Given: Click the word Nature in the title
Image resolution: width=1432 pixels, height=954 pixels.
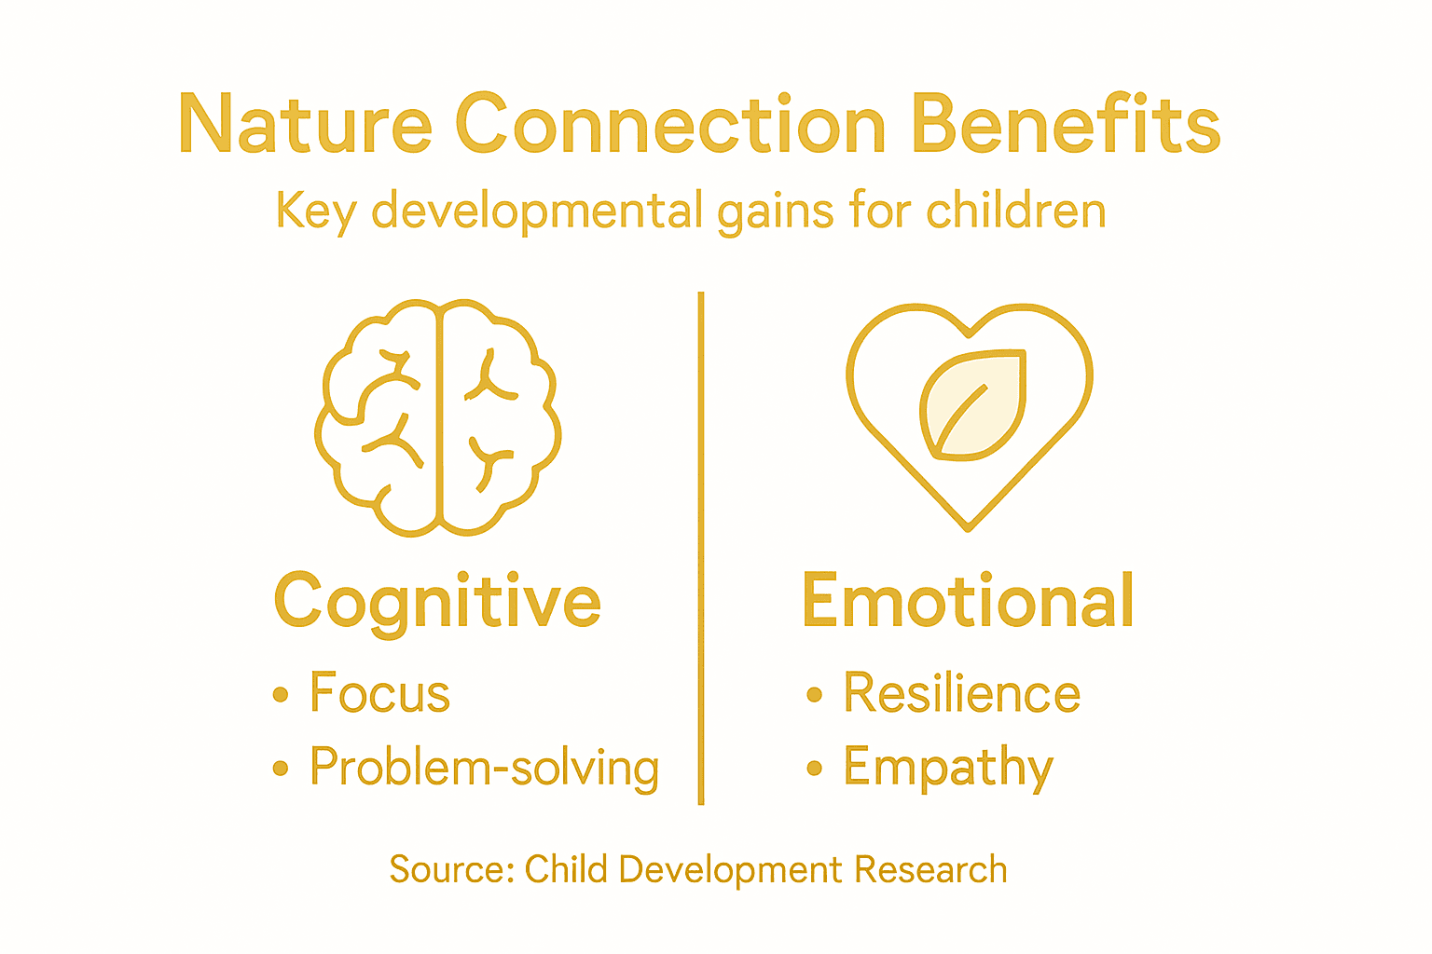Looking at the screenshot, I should pos(305,125).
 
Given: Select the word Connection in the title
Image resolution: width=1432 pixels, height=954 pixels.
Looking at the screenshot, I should pos(670,125).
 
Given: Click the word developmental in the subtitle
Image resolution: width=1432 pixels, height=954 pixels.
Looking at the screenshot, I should pos(536,211).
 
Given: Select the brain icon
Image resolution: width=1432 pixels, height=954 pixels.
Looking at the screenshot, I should pos(438,417).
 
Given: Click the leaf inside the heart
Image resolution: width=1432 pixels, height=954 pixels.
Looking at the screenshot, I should pos(972,405).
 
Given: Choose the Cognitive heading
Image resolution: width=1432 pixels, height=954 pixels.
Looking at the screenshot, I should pos(437,602).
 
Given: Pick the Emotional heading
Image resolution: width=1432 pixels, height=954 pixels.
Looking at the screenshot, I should pos(968,601).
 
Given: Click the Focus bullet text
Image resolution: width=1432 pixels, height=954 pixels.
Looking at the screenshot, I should pos(379,693).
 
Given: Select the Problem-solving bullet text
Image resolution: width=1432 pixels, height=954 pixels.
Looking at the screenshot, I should pos(484,768).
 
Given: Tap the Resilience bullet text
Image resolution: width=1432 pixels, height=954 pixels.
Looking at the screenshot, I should pos(961,693).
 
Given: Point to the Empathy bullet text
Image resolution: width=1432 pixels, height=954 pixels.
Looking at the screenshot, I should pos(948,768).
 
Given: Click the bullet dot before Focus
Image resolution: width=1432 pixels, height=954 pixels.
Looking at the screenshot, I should pos(281,695).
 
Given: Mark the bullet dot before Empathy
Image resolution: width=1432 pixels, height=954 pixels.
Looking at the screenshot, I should pos(815,769).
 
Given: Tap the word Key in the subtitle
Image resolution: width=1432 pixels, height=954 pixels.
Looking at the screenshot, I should pos(316,211).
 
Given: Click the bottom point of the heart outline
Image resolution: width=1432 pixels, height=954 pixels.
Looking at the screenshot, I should pos(969,527).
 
